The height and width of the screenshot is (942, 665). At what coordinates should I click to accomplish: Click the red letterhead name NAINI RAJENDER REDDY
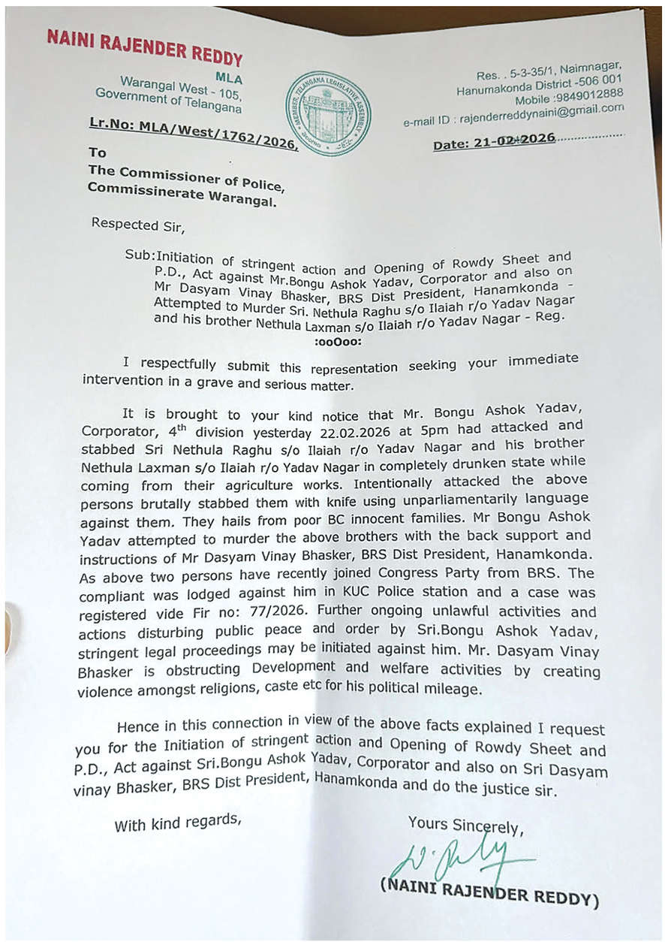pos(144,48)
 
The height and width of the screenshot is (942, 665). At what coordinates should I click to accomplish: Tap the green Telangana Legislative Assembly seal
pos(327,113)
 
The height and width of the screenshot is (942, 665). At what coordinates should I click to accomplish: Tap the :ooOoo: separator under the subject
pos(336,340)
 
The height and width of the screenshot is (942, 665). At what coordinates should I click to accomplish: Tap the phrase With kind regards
pos(178,824)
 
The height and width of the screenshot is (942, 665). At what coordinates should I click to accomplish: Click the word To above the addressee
pos(98,152)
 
